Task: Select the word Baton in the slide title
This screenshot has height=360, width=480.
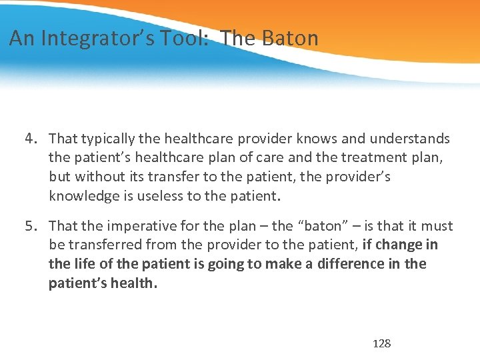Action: tap(291, 38)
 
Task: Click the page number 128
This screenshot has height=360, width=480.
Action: tap(381, 343)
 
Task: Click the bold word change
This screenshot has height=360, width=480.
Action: tap(399, 245)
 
